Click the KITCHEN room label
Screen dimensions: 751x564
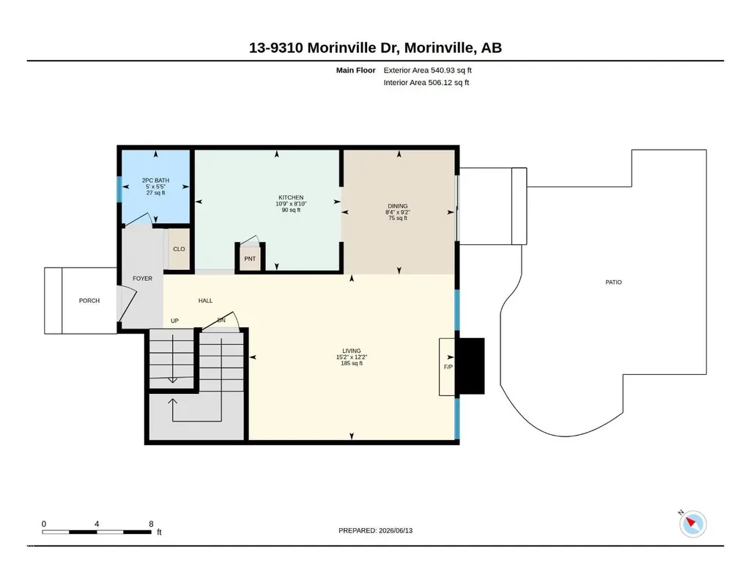[291, 197]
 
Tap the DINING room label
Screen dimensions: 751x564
[398, 206]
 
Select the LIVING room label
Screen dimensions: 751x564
[352, 351]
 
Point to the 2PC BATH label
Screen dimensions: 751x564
[155, 180]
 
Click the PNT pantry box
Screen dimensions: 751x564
[250, 259]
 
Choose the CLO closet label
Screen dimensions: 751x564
[179, 249]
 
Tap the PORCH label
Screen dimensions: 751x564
[89, 301]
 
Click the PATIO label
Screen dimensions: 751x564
[613, 282]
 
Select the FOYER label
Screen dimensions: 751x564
[143, 279]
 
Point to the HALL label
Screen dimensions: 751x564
[205, 301]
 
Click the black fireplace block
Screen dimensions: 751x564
[470, 366]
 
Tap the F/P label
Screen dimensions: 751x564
[448, 367]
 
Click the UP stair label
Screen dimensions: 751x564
[175, 321]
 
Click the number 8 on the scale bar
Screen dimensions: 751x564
[152, 524]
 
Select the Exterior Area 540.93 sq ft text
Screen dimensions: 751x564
[428, 70]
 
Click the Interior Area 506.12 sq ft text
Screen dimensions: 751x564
[426, 82]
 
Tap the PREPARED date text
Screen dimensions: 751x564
[375, 530]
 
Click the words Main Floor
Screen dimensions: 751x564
[356, 70]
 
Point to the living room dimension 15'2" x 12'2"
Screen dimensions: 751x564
[352, 357]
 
